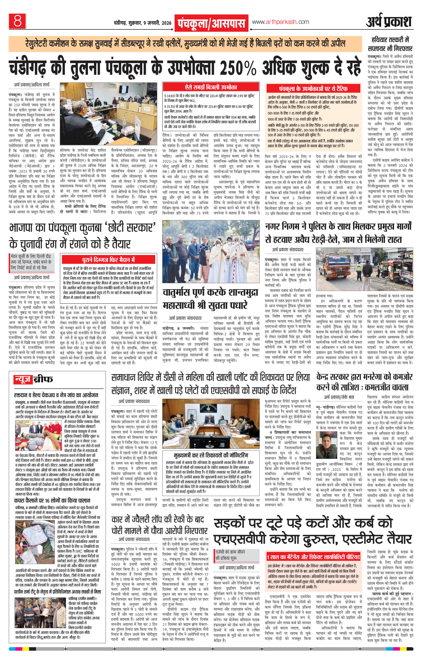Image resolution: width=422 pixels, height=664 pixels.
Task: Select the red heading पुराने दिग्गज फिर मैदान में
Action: pos(108,260)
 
